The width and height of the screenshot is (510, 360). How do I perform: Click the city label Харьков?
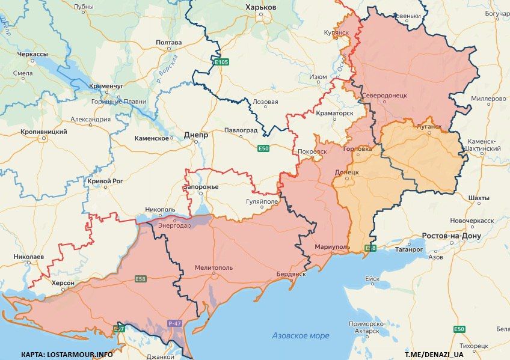(x=261, y=7)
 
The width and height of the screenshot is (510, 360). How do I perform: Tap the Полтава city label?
(x=168, y=43)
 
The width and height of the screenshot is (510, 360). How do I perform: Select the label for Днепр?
(x=195, y=136)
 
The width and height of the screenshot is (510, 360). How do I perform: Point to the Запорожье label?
(x=201, y=187)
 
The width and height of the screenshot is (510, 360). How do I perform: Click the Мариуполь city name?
(x=332, y=247)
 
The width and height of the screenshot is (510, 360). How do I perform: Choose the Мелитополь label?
(x=214, y=267)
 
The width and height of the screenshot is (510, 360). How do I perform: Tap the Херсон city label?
(x=63, y=283)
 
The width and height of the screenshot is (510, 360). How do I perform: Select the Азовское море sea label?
(x=301, y=335)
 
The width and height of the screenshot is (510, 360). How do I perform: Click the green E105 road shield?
(x=221, y=62)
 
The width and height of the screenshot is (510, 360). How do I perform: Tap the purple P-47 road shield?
(x=174, y=324)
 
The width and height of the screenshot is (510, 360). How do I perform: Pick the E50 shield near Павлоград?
(x=263, y=148)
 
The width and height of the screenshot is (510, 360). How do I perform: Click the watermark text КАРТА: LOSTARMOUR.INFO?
(x=66, y=354)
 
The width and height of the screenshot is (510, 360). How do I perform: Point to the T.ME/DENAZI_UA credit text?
(x=434, y=354)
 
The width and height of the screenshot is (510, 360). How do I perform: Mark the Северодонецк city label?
(x=385, y=96)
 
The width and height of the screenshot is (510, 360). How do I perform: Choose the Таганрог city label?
(x=410, y=249)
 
